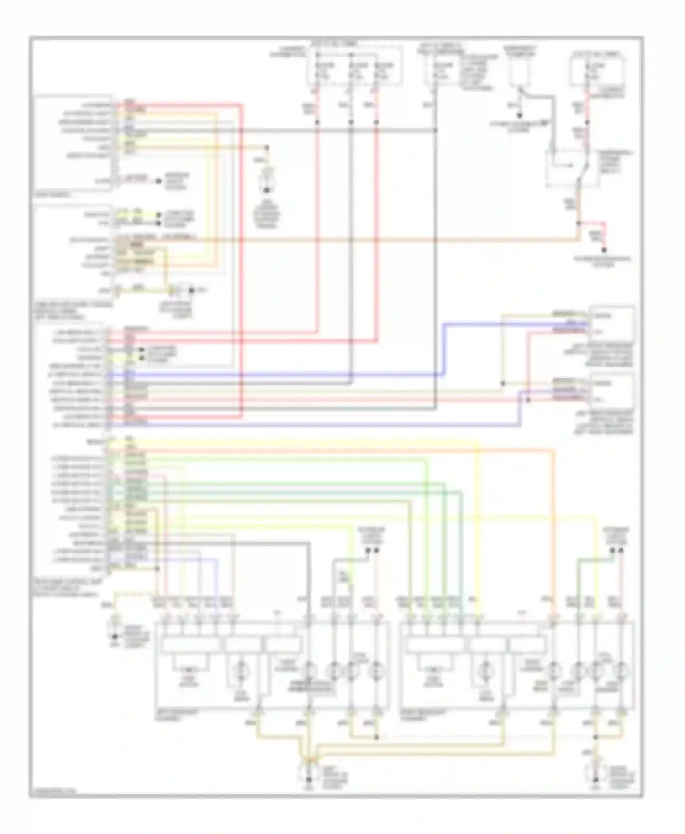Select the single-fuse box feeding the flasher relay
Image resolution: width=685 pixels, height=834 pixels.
598,68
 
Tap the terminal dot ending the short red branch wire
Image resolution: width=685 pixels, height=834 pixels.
604,250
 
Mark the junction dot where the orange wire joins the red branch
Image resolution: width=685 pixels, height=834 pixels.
578,223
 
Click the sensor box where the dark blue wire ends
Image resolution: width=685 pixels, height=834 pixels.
611,323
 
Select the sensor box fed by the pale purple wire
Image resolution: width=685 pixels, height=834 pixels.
611,391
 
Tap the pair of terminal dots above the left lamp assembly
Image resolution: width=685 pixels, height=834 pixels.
372,551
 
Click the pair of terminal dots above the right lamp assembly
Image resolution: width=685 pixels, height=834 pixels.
616,551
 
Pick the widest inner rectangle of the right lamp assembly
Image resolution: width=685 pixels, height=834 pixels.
436,645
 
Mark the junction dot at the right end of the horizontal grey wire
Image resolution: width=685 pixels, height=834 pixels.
436,131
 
